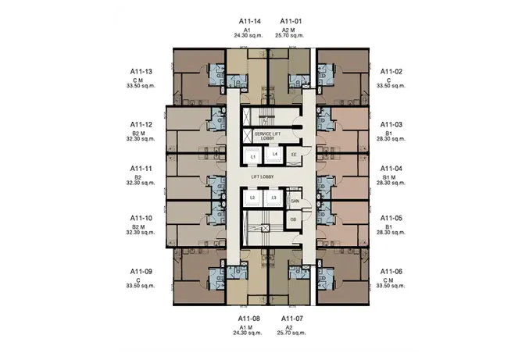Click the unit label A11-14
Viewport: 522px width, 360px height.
(250, 21)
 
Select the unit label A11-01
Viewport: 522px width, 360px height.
(291, 21)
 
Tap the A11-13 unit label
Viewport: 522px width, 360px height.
(141, 72)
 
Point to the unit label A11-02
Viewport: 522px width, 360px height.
(391, 72)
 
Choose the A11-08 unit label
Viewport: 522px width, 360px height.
(249, 319)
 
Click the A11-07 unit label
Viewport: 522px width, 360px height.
(292, 319)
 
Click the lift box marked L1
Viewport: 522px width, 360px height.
(253, 157)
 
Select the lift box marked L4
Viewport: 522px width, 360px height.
(274, 155)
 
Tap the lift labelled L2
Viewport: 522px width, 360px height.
(252, 198)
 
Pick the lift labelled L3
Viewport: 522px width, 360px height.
(274, 198)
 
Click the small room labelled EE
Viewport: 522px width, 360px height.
(294, 155)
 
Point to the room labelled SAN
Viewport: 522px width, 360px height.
(295, 200)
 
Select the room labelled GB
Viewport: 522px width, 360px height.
(293, 219)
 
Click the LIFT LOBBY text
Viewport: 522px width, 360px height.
(263, 177)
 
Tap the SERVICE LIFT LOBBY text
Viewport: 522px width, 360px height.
(267, 136)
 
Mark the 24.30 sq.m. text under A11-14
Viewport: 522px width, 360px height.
(248, 35)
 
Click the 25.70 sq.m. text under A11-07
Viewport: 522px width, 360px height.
(291, 333)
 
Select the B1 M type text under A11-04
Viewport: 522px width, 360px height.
(389, 178)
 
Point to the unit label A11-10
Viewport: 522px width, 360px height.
(141, 218)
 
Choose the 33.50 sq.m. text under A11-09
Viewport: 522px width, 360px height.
(141, 286)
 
